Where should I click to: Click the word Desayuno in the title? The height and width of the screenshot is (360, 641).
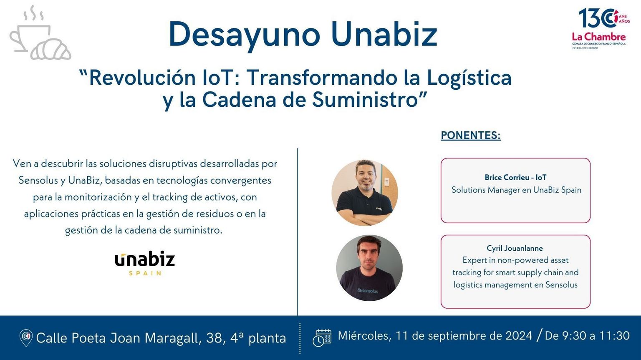(x=245, y=35)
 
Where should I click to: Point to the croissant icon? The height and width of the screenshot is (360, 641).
(x=51, y=49)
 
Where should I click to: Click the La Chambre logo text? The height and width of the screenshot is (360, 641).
(x=599, y=37)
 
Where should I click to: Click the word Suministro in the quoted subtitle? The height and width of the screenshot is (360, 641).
(x=364, y=100)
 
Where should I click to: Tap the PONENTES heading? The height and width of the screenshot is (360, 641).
(x=471, y=135)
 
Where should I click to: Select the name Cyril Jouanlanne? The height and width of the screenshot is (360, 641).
(x=515, y=248)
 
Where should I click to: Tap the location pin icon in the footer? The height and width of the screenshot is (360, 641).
(x=26, y=338)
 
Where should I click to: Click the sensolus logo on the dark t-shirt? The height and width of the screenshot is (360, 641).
(x=367, y=290)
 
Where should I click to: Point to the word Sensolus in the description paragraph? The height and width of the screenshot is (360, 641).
(x=38, y=181)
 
